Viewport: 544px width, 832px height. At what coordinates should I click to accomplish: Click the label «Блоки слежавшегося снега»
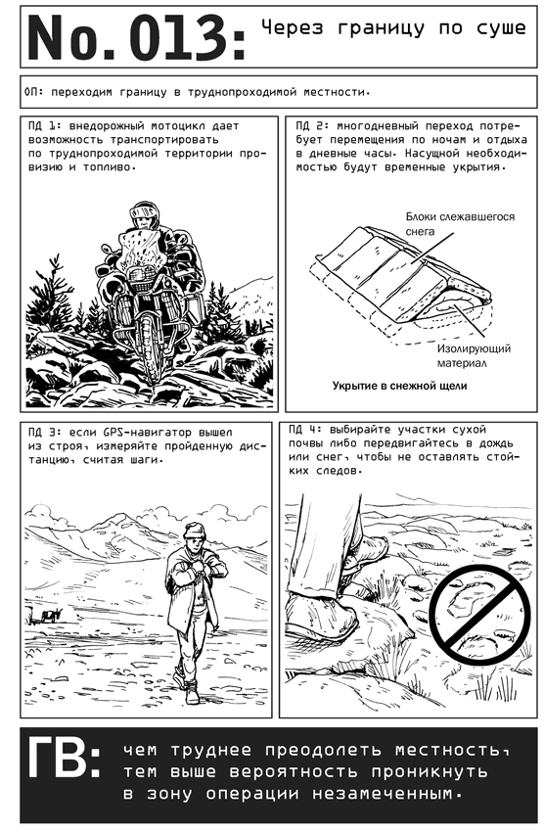click(460, 224)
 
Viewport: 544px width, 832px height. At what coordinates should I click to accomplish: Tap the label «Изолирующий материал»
click(473, 356)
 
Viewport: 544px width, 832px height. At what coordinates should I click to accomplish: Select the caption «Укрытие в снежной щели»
click(400, 386)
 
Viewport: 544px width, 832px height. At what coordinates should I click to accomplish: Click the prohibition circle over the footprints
click(479, 614)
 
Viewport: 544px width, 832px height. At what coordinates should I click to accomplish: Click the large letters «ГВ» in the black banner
click(61, 759)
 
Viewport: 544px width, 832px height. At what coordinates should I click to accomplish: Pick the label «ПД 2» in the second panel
click(312, 126)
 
